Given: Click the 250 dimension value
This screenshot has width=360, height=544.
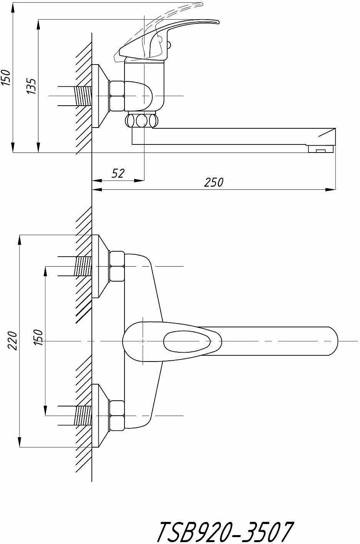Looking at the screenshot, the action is (x=213, y=182).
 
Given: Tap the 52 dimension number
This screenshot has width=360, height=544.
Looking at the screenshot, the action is (x=118, y=173).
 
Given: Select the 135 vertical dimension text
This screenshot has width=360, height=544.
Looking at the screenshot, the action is (x=32, y=86).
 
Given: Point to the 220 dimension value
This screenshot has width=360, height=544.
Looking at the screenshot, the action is (x=13, y=340).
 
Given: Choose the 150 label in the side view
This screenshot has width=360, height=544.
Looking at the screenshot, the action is (x=6, y=78).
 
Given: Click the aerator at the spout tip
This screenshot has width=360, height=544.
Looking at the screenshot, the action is (x=321, y=149).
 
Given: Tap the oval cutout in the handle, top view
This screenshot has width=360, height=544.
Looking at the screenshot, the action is (x=187, y=342).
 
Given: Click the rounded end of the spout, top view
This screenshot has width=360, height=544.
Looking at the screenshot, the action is (x=333, y=341).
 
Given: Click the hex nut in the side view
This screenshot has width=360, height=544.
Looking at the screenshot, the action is (x=117, y=96).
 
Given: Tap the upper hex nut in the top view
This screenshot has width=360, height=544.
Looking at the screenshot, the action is (x=117, y=266).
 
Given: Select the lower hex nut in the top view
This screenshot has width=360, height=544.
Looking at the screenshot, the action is (x=117, y=416).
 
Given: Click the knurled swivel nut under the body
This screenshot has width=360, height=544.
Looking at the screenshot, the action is (x=141, y=120).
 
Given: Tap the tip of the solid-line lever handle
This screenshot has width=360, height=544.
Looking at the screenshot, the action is (x=219, y=22).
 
